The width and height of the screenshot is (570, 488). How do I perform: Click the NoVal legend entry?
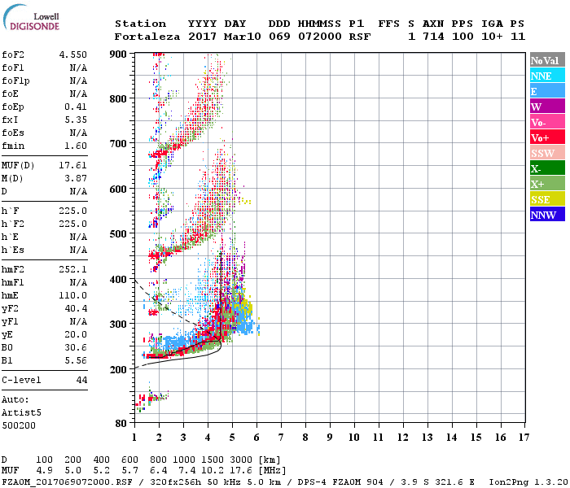click(546, 60)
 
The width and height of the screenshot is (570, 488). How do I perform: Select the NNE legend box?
click(546, 76)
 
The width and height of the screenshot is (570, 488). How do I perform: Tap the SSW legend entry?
click(546, 153)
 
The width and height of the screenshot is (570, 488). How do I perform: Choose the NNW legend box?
click(546, 215)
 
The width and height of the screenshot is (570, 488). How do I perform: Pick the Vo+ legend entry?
click(546, 137)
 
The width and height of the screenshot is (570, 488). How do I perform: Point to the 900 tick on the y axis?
click(119, 54)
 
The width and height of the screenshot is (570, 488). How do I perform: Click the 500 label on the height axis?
click(119, 234)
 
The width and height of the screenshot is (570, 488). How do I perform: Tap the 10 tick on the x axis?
click(353, 437)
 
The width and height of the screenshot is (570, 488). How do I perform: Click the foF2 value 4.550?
click(73, 54)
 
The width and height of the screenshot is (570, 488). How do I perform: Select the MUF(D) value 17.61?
click(73, 164)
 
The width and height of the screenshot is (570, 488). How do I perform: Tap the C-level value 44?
click(81, 380)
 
